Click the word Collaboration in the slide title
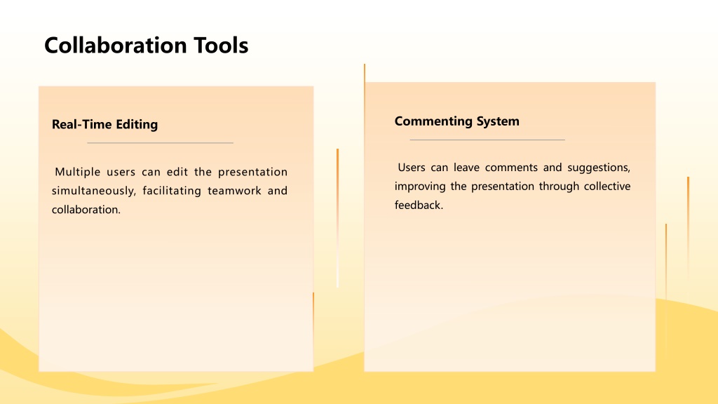(x=116, y=46)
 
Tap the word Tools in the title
(x=221, y=46)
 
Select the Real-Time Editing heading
(x=105, y=125)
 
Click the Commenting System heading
(x=457, y=121)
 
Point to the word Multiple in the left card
(x=77, y=173)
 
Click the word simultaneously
(x=94, y=191)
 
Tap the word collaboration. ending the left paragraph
(x=86, y=210)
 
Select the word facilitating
(x=172, y=191)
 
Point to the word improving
(x=420, y=187)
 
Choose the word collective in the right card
(x=607, y=187)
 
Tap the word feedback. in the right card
(x=419, y=206)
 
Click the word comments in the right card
(x=511, y=168)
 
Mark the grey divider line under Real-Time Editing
(x=161, y=143)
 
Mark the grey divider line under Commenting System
(x=487, y=140)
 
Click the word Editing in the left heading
(x=137, y=125)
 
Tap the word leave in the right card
(x=466, y=168)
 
